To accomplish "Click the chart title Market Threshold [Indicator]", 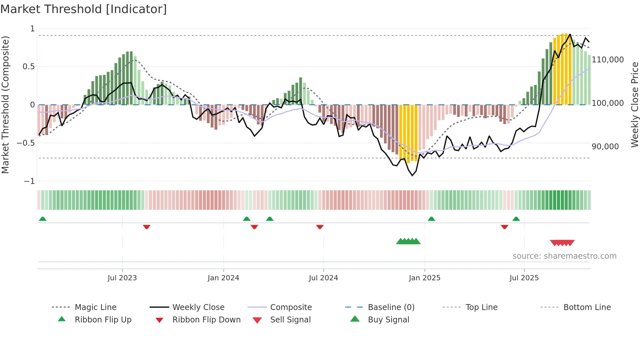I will tap(84, 9).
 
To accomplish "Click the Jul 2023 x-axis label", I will tap(122, 278).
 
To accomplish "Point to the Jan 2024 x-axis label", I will tap(223, 278).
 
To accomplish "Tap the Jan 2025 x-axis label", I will tap(424, 278).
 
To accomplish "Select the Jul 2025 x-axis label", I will tap(524, 278).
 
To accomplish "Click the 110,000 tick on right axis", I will tap(608, 60).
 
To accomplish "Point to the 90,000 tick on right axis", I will tap(605, 147).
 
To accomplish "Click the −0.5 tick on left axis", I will tap(26, 143).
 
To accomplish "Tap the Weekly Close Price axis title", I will tap(634, 105).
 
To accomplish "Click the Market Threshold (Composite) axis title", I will tap(5, 105).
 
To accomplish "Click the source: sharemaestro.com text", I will tap(564, 256).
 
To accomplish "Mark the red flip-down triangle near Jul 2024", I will tap(320, 227).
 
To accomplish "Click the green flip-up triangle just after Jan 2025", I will tap(431, 219).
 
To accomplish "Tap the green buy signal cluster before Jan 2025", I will tap(408, 241).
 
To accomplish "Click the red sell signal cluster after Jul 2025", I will tap(562, 243).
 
